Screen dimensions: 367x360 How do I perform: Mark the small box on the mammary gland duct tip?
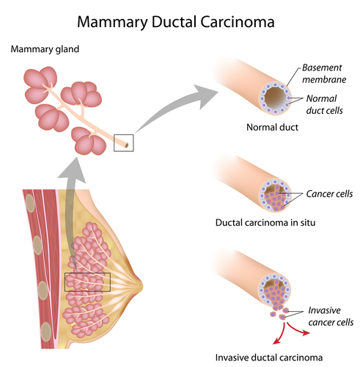coord(123,142)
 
